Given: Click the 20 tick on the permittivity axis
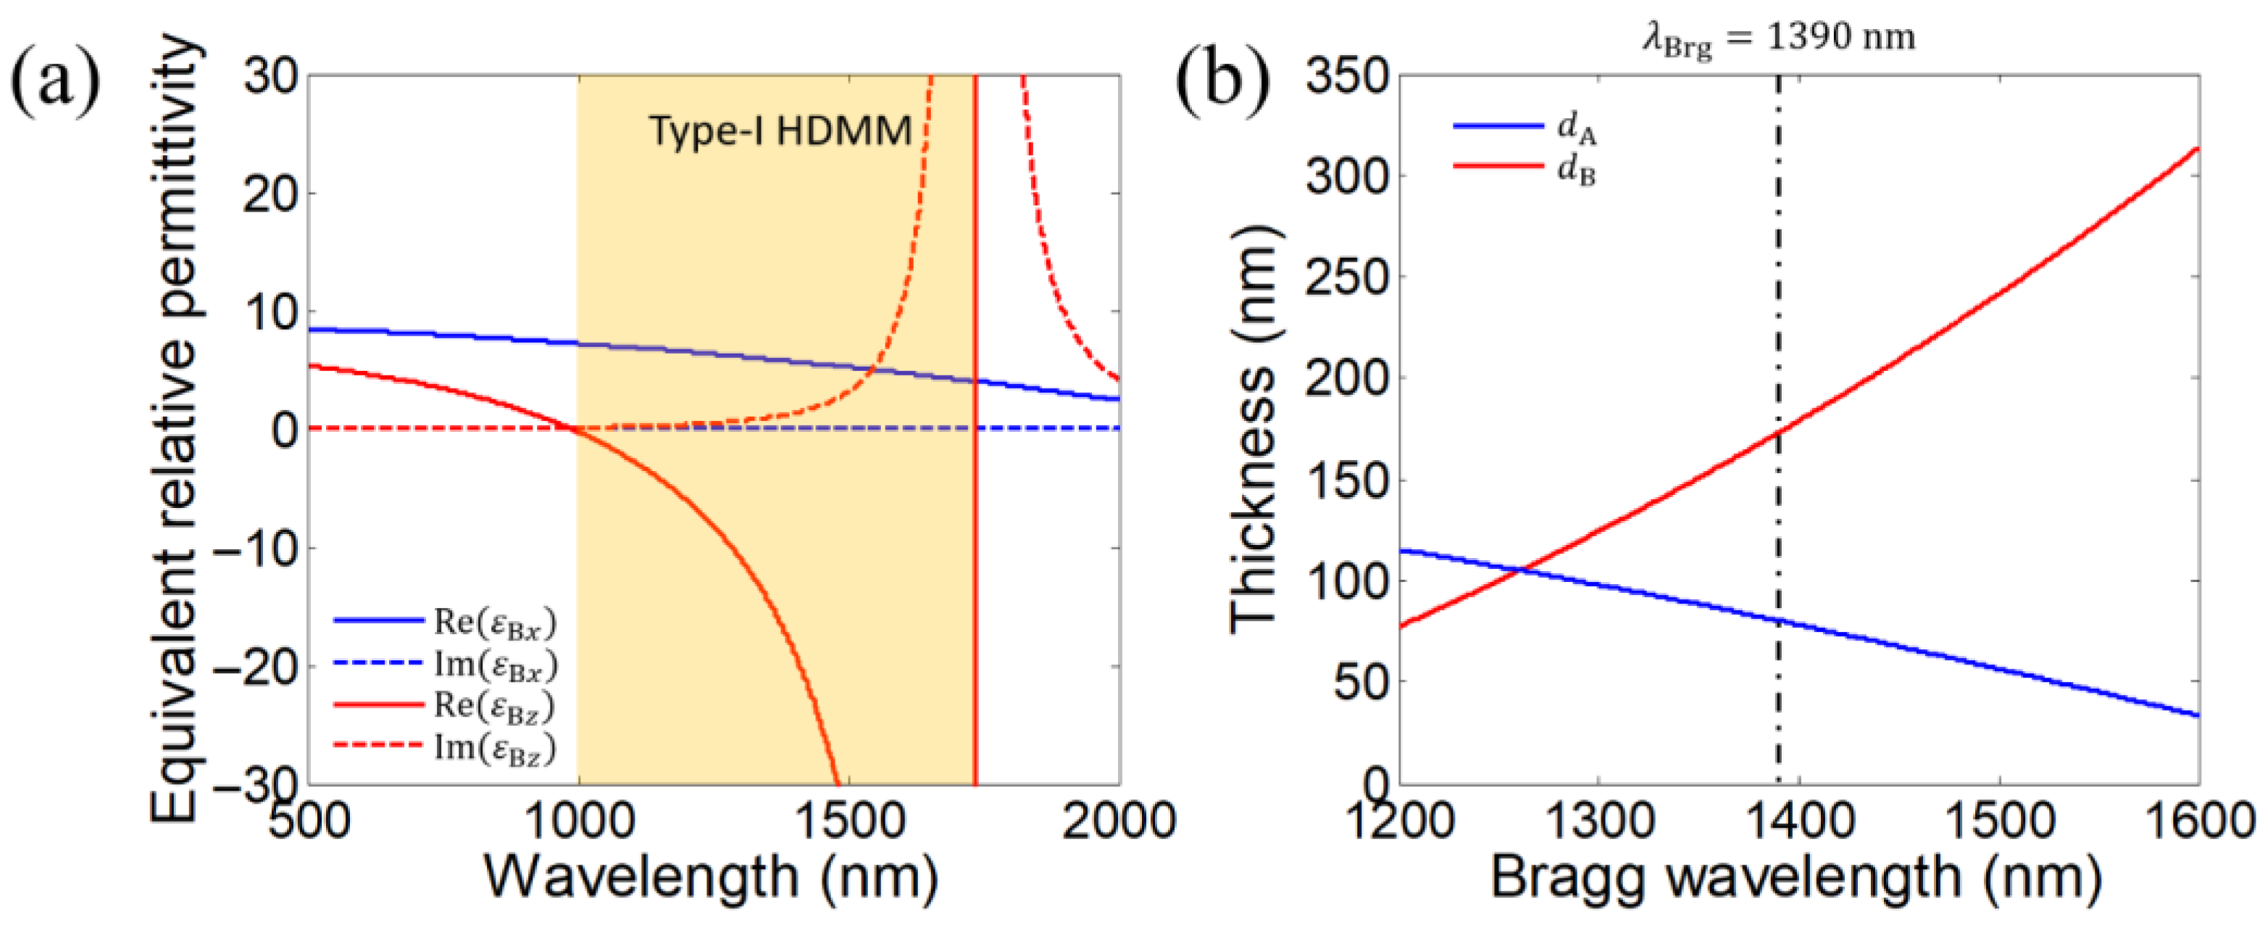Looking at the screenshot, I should click(271, 193).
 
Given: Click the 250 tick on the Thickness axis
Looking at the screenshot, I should click(1346, 277).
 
